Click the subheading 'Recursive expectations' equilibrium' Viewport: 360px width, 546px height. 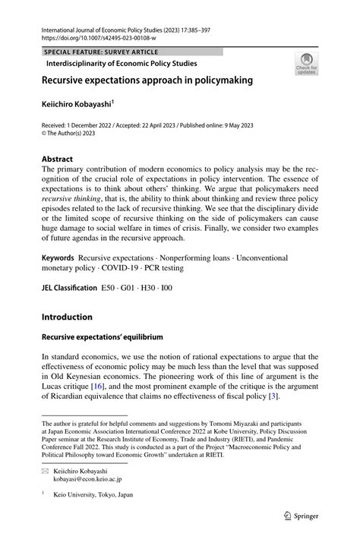(x=102, y=336)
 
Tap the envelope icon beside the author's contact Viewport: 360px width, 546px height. (x=45, y=471)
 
